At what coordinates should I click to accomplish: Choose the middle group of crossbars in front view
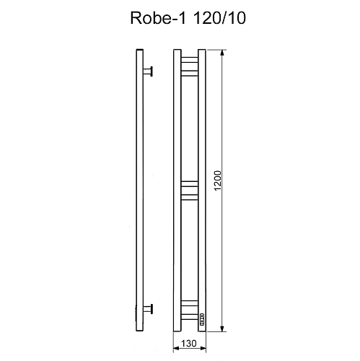point(189,189)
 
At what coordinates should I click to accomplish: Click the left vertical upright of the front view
point(177,188)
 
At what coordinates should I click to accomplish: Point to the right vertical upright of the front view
point(201,188)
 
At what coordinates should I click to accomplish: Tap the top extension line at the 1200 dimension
point(216,49)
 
